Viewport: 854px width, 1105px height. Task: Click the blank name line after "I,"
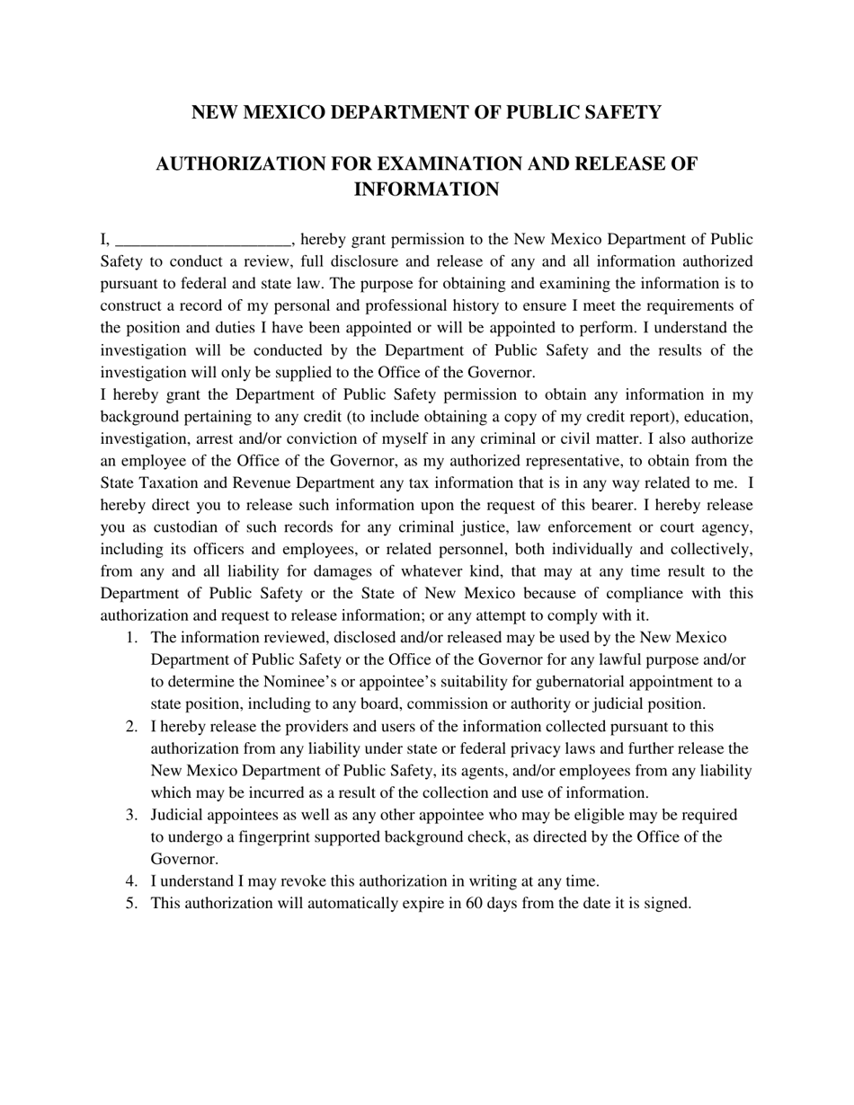pyautogui.click(x=203, y=241)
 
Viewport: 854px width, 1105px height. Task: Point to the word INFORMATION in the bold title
pyautogui.click(x=426, y=190)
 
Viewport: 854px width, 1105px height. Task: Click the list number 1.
pyautogui.click(x=131, y=638)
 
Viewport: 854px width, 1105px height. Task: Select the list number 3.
pyautogui.click(x=131, y=815)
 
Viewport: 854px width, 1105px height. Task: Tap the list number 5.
pyautogui.click(x=131, y=904)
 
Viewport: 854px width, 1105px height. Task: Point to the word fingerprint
pyautogui.click(x=253, y=837)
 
